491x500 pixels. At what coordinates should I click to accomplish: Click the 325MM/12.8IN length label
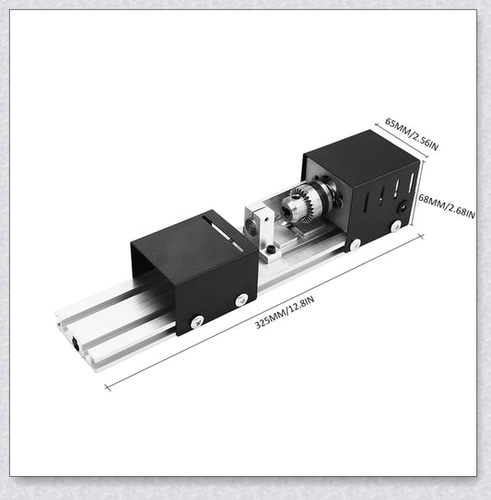pos(285,312)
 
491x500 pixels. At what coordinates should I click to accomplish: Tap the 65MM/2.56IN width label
pos(412,134)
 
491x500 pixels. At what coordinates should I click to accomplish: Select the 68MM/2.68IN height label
pos(447,206)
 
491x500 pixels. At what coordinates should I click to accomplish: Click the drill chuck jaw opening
pos(286,210)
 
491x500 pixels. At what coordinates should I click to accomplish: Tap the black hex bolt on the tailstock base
pos(271,250)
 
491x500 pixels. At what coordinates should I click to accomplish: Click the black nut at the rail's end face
pos(76,343)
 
